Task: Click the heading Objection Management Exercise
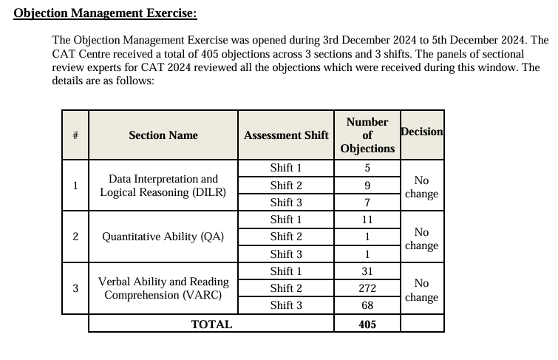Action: [106, 14]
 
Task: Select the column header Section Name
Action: [163, 135]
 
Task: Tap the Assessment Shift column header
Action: [286, 135]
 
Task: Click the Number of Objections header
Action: [367, 135]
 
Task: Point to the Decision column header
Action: [421, 132]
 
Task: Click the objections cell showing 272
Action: [367, 288]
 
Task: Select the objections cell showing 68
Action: [367, 305]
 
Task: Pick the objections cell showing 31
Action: [367, 271]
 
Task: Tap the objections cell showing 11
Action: [367, 220]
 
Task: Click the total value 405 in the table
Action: [367, 324]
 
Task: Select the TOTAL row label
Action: [211, 324]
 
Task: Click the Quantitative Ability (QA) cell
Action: [163, 237]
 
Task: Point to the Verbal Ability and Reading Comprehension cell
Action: [163, 288]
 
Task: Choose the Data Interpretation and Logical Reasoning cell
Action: [163, 186]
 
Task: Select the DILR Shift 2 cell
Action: [286, 186]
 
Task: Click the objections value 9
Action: [367, 186]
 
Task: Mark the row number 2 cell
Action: [75, 237]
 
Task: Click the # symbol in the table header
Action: [75, 135]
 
